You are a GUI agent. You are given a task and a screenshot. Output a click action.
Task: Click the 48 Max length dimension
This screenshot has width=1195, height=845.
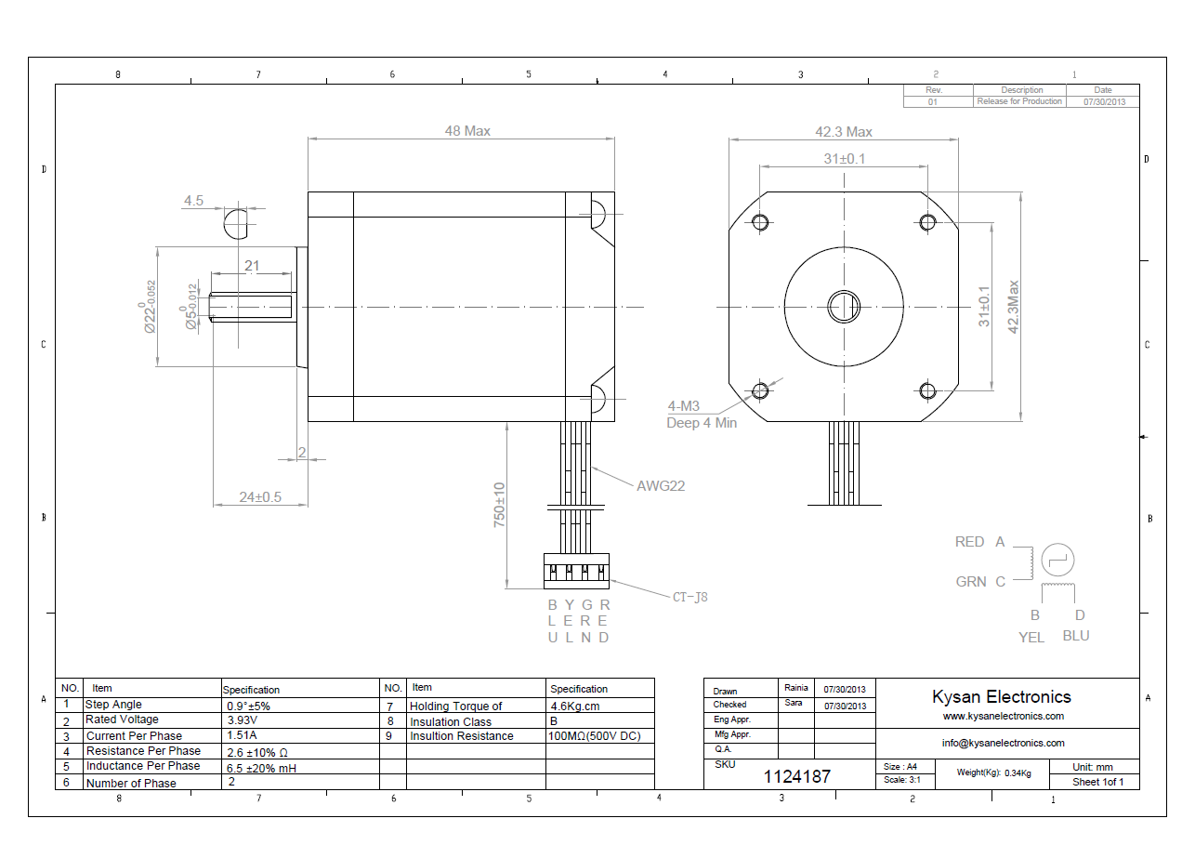467,131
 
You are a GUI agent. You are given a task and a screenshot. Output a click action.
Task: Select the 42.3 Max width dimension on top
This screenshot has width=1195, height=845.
844,132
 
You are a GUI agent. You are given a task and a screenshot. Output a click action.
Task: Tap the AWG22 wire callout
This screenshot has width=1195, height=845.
661,486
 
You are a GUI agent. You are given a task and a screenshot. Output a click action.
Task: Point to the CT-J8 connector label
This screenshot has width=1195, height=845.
689,597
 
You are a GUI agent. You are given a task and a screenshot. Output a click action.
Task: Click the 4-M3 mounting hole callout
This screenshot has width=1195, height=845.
683,406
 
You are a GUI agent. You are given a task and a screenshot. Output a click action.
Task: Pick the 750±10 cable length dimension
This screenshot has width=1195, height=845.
499,505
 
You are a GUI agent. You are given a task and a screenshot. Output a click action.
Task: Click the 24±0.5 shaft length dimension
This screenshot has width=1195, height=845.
260,497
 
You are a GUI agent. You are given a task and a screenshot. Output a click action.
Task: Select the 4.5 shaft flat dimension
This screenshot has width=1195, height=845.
193,201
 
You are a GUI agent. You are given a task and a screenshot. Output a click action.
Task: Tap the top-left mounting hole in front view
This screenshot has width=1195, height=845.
760,222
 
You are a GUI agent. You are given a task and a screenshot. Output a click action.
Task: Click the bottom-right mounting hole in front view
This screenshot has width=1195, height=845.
927,391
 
